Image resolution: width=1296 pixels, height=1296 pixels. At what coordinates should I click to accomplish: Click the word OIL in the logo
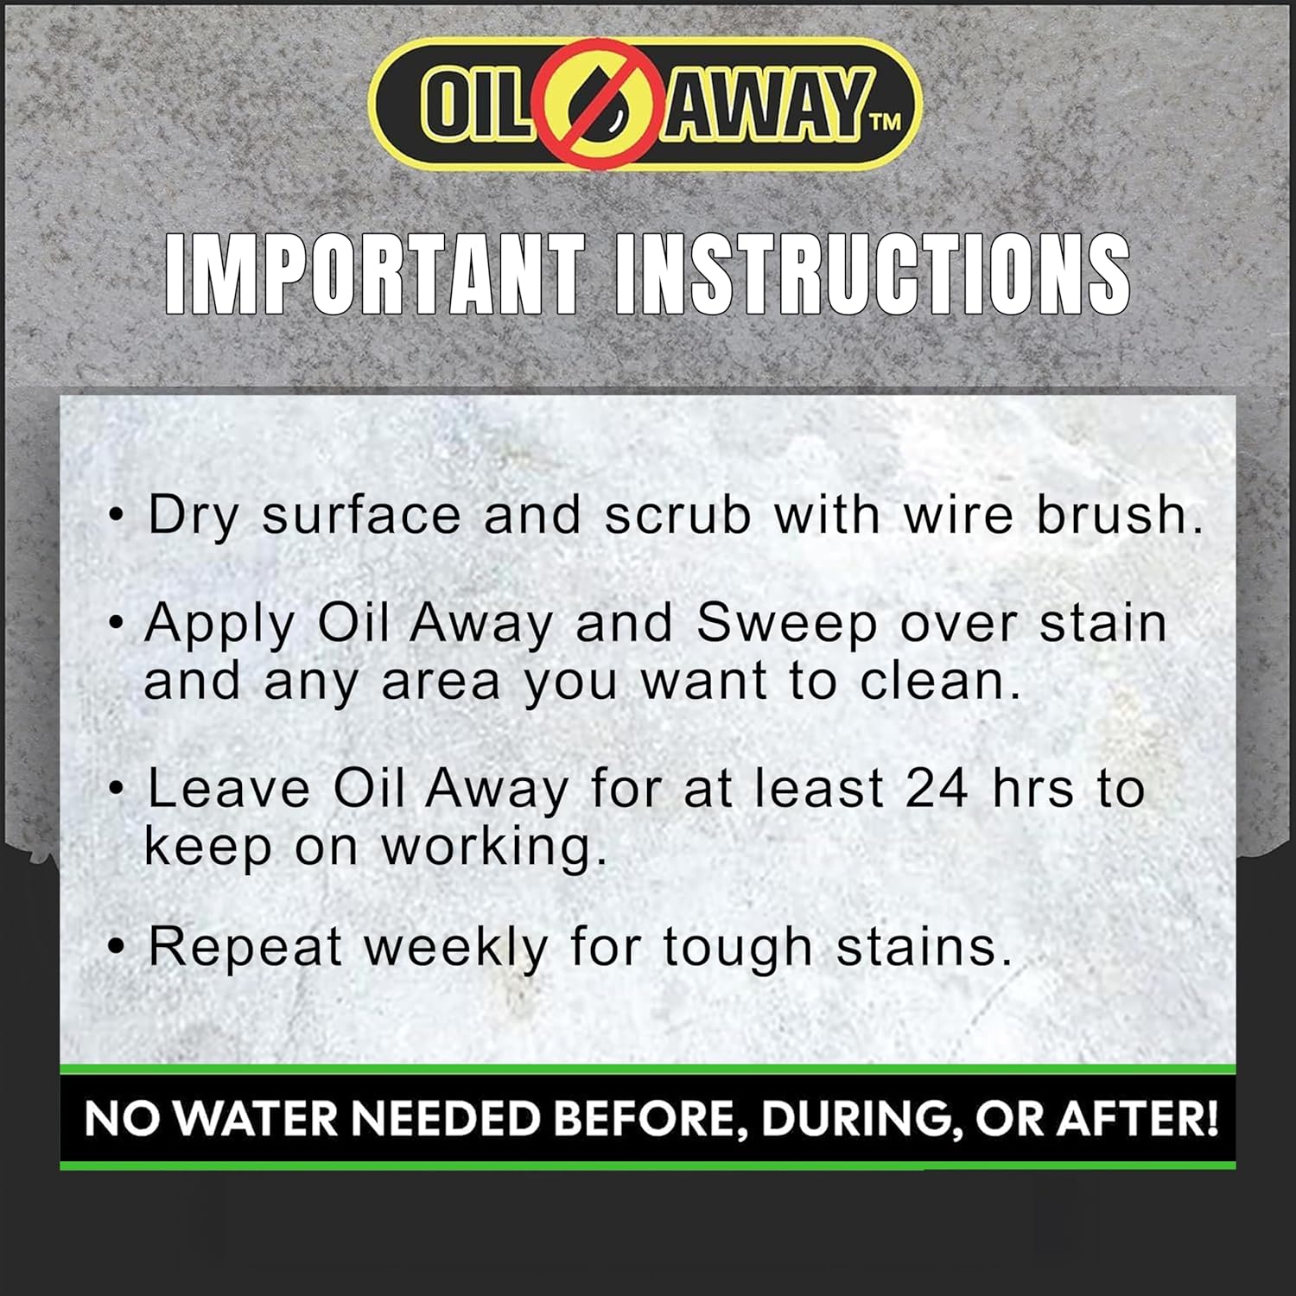474,104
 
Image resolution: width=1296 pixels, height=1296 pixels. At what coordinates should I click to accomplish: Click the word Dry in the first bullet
193,517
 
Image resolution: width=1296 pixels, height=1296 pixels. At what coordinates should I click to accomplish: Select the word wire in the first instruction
957,515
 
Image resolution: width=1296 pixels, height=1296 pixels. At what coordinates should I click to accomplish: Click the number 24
937,788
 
